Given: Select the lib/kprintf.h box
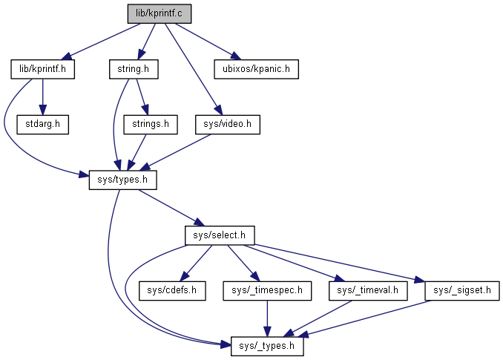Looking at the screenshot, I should pyautogui.click(x=43, y=70).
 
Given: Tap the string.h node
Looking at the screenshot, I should pyautogui.click(x=134, y=70).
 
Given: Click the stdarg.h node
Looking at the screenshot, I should pyautogui.click(x=42, y=124).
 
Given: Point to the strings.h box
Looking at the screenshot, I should pyautogui.click(x=151, y=124).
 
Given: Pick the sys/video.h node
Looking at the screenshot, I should pyautogui.click(x=228, y=124).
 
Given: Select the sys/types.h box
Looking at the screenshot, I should pyautogui.click(x=123, y=180).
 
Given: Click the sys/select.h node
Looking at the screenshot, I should pyautogui.click(x=220, y=235).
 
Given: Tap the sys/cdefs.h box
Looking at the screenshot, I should pyautogui.click(x=172, y=290).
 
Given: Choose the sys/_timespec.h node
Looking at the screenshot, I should pyautogui.click(x=266, y=290).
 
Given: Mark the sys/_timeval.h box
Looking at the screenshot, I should pyautogui.click(x=368, y=290).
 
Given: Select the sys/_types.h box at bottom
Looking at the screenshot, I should pyautogui.click(x=267, y=346).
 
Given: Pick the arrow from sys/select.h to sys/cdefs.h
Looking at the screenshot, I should pyautogui.click(x=197, y=262).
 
